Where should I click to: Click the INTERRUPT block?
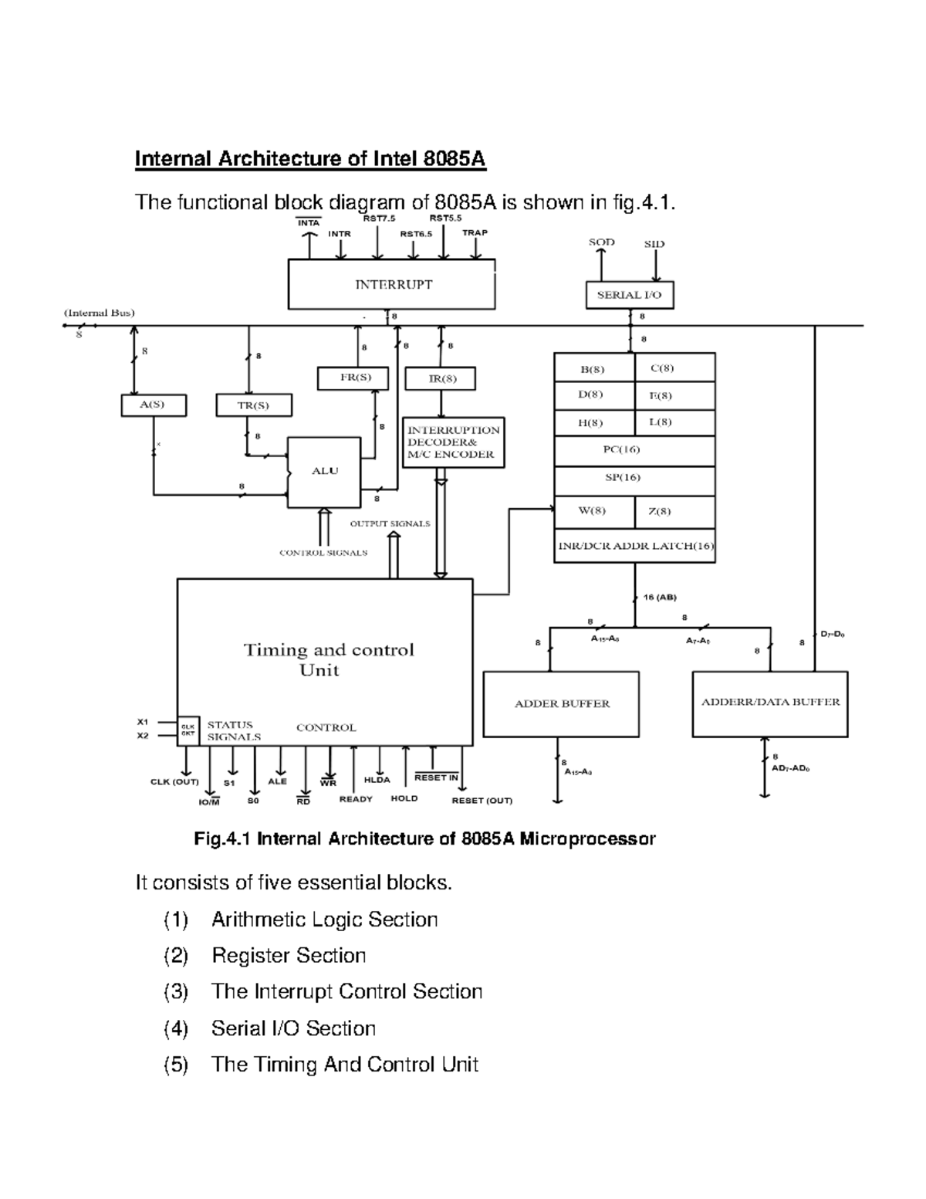pos(392,284)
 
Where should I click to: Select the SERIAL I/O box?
pos(629,295)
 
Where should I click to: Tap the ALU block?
pos(324,472)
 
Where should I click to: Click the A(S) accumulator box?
pos(153,405)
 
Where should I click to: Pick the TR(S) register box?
pos(253,405)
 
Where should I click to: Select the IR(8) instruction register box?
pos(441,378)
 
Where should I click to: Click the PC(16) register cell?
pos(634,450)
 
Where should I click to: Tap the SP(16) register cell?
pos(634,478)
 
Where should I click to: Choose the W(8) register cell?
pos(593,511)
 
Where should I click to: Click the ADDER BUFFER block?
pos(561,703)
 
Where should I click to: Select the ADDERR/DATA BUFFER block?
pos(770,703)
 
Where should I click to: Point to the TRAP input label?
pos(475,232)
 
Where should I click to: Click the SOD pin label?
pos(601,242)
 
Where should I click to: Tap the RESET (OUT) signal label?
pos(482,801)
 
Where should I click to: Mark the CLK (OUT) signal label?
pos(174,782)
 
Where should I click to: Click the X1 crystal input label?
pos(143,722)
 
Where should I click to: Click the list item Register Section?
pos(289,956)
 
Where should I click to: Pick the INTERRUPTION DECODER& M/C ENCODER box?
pos(454,442)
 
